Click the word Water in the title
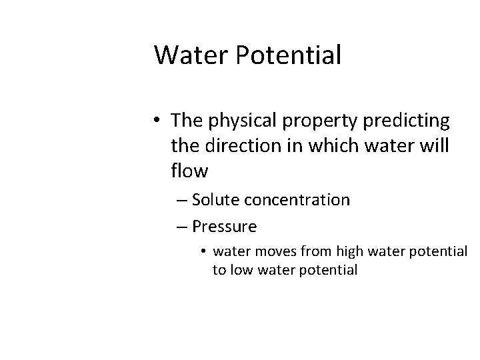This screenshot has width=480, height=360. coord(189,55)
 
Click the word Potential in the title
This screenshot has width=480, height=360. coord(287,55)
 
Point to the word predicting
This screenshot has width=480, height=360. coord(399,121)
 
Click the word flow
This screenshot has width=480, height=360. coord(189,171)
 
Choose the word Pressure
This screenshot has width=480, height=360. coord(224,227)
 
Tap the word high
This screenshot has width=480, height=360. coord(345,253)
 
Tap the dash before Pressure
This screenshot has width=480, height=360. coord(183,227)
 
